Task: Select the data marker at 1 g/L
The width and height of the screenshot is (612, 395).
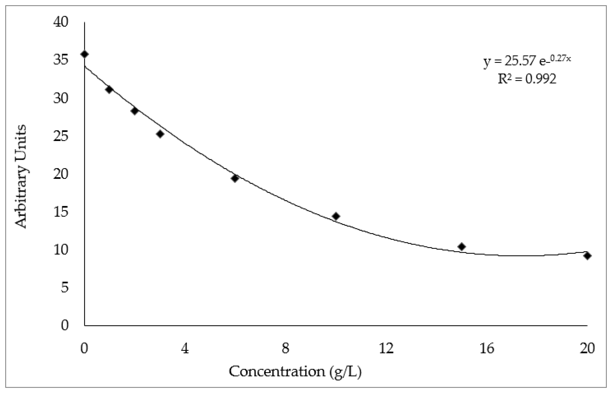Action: coord(109,90)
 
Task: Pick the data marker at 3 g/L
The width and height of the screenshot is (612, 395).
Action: coord(160,134)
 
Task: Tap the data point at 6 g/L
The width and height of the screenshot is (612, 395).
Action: coord(235,178)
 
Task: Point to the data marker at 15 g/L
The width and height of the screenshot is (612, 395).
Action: coord(462,247)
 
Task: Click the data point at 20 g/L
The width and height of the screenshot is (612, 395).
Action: coord(588,256)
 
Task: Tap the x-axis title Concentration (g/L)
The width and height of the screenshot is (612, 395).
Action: coord(295,371)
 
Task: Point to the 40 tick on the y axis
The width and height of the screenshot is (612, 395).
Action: coord(61,22)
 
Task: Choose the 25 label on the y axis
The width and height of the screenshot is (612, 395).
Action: coord(61,136)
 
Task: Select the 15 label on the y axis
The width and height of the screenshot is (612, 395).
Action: coord(61,212)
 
